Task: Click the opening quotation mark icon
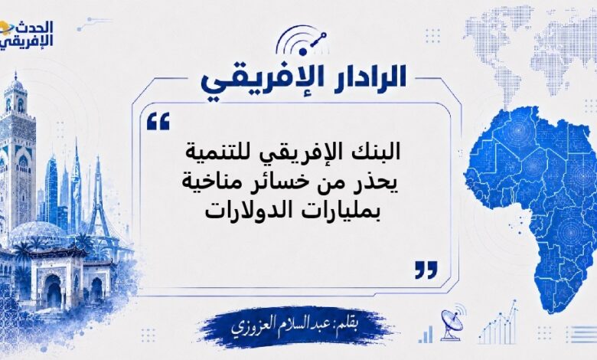158,122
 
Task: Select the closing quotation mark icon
426,270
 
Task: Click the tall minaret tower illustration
16,152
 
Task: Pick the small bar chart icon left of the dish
426,334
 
